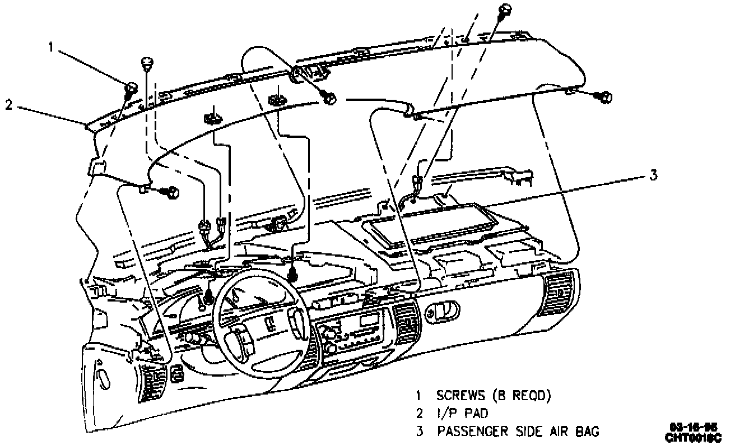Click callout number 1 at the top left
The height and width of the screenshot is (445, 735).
(x=51, y=48)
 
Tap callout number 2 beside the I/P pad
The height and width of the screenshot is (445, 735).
(x=9, y=104)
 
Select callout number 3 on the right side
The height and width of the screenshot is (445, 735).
(x=653, y=175)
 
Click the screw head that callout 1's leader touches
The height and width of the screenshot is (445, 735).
(x=131, y=87)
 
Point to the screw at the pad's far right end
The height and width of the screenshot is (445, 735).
(x=606, y=98)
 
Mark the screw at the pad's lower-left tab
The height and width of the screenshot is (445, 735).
(x=171, y=192)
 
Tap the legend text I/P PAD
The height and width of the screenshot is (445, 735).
(x=462, y=414)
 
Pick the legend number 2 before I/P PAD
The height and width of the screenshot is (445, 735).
(x=418, y=414)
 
